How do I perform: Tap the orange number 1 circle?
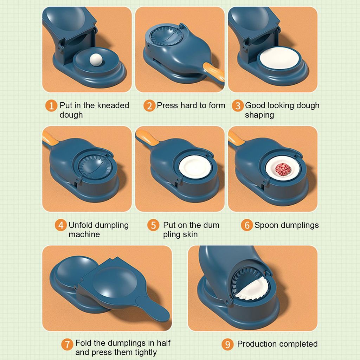(x=51, y=105)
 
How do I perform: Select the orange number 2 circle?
(x=149, y=105)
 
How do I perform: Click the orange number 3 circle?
(x=238, y=105)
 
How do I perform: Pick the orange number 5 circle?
(x=153, y=225)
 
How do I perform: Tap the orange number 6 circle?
(x=246, y=225)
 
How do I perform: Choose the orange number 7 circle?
(x=67, y=344)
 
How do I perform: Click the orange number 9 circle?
(x=227, y=344)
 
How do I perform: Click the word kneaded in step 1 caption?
(x=113, y=105)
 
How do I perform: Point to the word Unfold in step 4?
(x=80, y=225)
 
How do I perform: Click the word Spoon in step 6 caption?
(x=265, y=225)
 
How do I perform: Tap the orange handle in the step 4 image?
(x=50, y=137)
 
